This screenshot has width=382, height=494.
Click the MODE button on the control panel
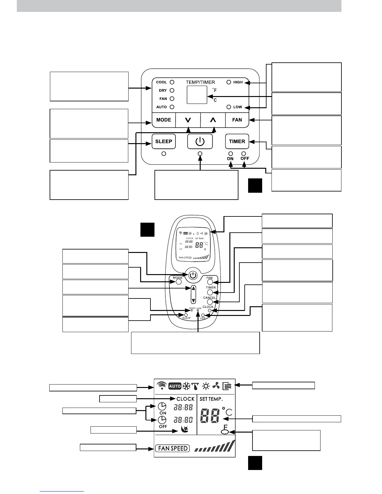tap(164, 120)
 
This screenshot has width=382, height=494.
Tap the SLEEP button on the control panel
tap(164, 142)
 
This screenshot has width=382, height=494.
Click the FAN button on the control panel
tap(237, 120)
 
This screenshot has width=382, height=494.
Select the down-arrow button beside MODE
tap(188, 120)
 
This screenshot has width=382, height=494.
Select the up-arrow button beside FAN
tap(213, 120)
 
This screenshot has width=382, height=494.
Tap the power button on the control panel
tap(200, 142)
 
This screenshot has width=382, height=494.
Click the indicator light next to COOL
tap(172, 82)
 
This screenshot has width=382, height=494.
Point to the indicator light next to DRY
tap(172, 90)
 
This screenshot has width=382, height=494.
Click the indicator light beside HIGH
tap(229, 82)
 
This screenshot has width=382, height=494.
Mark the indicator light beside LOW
tap(229, 107)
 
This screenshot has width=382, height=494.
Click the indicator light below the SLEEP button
tap(164, 154)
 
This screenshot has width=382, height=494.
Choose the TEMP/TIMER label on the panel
tap(200, 82)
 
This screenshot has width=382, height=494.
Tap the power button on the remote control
tap(193, 275)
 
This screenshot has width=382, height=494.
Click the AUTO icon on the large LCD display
tap(175, 386)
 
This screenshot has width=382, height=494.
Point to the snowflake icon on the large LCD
tap(186, 386)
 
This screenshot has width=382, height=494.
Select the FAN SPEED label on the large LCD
tap(173, 448)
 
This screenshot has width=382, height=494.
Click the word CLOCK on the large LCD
tap(185, 399)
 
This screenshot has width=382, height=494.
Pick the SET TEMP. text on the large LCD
tap(211, 399)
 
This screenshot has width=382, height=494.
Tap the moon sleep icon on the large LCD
tap(184, 431)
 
